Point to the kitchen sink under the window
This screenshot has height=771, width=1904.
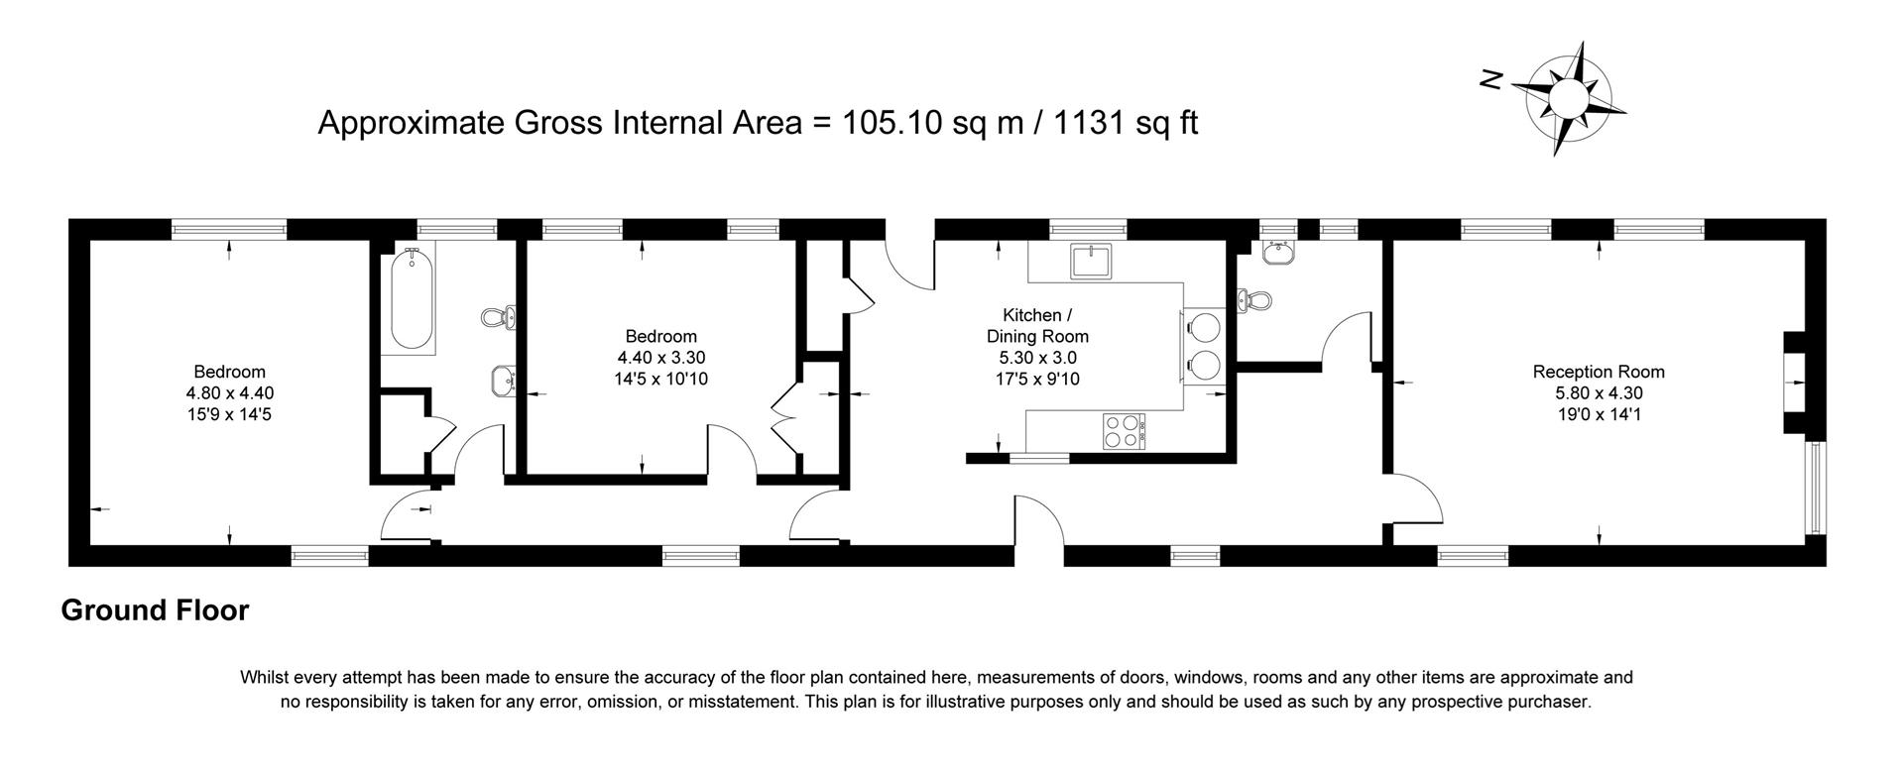(x=1092, y=262)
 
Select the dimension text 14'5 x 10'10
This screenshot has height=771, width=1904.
(x=660, y=379)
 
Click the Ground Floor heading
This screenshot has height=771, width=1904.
(x=155, y=610)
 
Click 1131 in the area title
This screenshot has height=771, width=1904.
(x=1088, y=123)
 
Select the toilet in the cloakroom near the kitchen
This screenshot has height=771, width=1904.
(x=1255, y=300)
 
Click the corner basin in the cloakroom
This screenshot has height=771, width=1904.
(x=1279, y=254)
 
